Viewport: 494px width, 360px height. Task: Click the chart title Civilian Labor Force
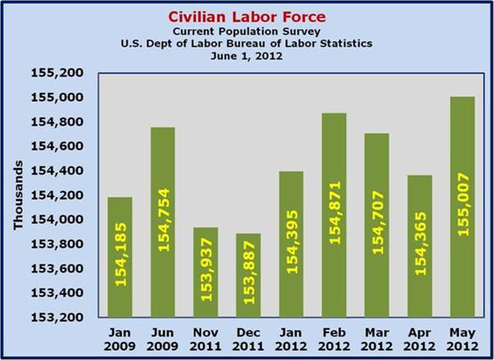[x=247, y=16]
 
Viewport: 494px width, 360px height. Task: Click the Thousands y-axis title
[x=19, y=194]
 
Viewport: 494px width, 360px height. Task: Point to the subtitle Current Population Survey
[x=247, y=30]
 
